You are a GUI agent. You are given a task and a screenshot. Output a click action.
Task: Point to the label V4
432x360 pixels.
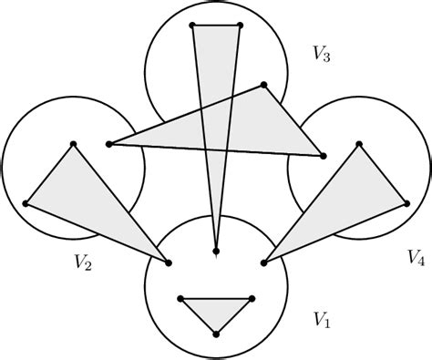(x=416, y=257)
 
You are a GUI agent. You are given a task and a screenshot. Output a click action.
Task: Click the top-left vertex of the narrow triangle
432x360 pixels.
(x=191, y=25)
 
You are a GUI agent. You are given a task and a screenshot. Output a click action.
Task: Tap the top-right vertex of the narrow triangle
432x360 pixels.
(x=240, y=25)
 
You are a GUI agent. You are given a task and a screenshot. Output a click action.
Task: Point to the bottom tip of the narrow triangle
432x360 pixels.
(x=216, y=251)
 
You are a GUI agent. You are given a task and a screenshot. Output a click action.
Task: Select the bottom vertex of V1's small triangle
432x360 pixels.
(x=216, y=334)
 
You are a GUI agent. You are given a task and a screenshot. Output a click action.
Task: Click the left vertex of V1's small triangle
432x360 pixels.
(x=181, y=299)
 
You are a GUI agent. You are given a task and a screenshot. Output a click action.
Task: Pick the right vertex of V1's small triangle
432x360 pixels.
(x=252, y=299)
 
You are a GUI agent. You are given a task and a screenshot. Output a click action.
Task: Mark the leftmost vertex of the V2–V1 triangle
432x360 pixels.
(x=26, y=203)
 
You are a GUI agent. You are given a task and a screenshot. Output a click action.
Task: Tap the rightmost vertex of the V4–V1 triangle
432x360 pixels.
(x=407, y=203)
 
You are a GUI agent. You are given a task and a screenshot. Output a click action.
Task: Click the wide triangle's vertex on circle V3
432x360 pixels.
(x=263, y=85)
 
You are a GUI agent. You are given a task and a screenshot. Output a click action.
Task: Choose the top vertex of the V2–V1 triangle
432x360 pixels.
(x=73, y=143)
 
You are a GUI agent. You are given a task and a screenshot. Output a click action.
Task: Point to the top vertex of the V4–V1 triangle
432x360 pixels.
(x=359, y=143)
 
